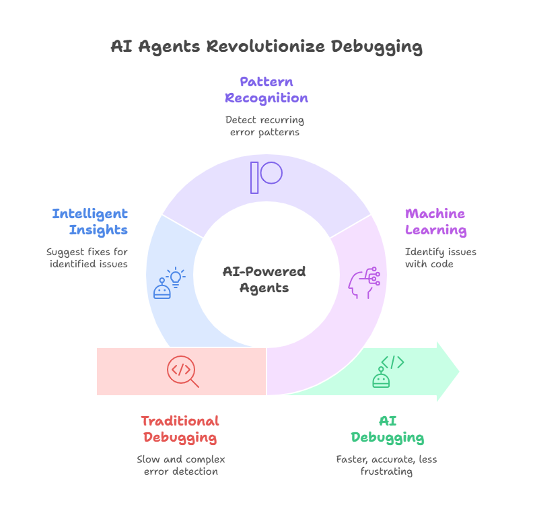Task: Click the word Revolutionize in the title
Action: (x=265, y=46)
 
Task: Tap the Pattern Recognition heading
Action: (x=266, y=90)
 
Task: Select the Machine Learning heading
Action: (x=436, y=222)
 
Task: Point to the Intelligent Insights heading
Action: (x=90, y=222)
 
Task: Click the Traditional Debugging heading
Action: (x=180, y=430)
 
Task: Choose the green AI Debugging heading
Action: (x=388, y=430)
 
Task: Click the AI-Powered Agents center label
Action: (x=264, y=279)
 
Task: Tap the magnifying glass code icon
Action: (x=183, y=372)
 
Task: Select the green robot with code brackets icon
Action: (x=388, y=372)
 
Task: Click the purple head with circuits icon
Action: (x=364, y=283)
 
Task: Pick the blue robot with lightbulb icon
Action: (x=170, y=283)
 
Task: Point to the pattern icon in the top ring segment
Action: (x=266, y=178)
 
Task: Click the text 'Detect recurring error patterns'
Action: (x=264, y=126)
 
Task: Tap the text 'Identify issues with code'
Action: (x=441, y=258)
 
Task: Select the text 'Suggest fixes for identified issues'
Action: (x=87, y=258)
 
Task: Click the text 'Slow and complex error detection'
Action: (x=181, y=465)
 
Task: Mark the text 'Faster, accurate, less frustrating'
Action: (x=386, y=465)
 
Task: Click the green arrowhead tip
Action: (x=459, y=372)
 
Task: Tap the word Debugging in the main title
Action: (x=377, y=47)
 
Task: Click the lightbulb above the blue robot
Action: (x=176, y=277)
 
